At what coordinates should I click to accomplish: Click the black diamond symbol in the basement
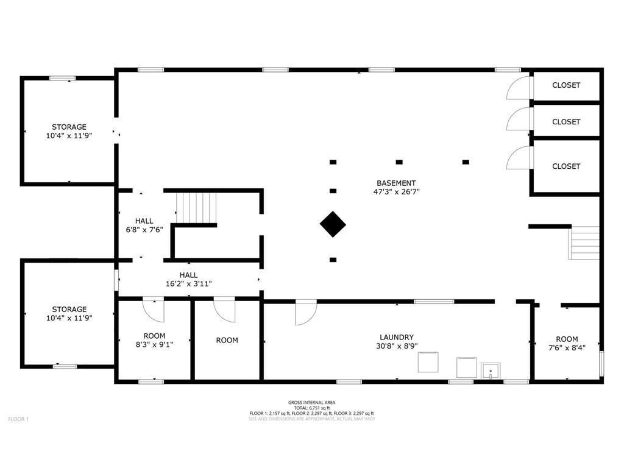tap(333, 224)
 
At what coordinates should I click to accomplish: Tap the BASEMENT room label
tap(396, 183)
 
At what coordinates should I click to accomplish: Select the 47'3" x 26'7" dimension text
tap(396, 192)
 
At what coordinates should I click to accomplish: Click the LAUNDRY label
tap(396, 337)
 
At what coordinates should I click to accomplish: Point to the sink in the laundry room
tap(491, 371)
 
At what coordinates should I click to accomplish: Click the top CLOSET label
tap(566, 85)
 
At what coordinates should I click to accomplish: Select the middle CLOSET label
tap(566, 122)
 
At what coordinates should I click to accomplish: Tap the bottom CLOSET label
tap(566, 166)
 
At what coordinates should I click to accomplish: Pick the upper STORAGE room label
tap(69, 127)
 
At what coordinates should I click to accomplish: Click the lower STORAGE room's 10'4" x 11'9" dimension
tap(69, 318)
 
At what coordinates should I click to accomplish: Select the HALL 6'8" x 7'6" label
tap(144, 225)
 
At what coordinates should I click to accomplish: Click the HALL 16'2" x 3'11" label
tap(189, 279)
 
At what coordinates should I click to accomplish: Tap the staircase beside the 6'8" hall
tap(197, 208)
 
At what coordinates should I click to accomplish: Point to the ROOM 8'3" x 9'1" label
tap(154, 340)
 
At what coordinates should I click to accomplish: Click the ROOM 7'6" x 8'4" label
tap(567, 344)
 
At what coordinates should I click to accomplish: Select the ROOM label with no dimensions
tap(227, 340)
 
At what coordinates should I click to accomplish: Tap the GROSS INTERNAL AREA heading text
tap(311, 403)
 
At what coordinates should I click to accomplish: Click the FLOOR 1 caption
tap(18, 419)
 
